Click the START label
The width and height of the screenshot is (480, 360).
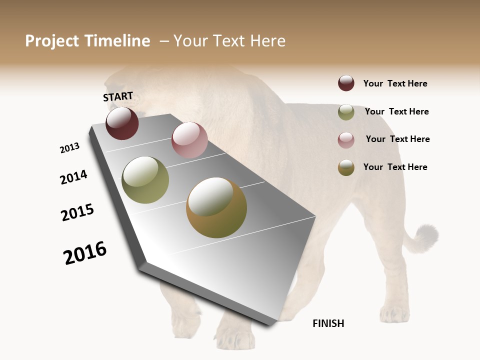[x=118, y=96]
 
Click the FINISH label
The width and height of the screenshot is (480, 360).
[x=328, y=323]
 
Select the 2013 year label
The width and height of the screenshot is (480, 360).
[x=69, y=148]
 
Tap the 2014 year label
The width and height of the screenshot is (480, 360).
[x=73, y=177]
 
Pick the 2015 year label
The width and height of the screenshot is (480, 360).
[x=77, y=212]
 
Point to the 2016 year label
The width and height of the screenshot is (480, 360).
[x=85, y=253]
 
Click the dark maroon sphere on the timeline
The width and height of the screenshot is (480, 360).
[x=122, y=123]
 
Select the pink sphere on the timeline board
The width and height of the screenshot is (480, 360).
[x=189, y=140]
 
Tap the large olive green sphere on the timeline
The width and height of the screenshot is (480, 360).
[x=145, y=180]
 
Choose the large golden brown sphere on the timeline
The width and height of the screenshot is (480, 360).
[x=216, y=207]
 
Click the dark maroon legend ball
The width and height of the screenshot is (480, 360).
[x=346, y=83]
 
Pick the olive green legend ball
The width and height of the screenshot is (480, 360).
[x=346, y=112]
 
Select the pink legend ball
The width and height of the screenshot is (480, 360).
[x=346, y=140]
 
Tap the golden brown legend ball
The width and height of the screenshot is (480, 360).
[x=346, y=167]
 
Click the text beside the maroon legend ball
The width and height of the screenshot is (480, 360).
[x=395, y=83]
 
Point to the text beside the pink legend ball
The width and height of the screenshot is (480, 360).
[x=397, y=139]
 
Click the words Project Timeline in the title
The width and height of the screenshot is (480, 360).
[x=87, y=41]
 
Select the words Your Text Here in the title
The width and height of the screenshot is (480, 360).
[x=229, y=41]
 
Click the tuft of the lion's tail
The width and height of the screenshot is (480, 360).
[x=426, y=237]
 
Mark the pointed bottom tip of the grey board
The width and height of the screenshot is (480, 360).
[x=270, y=324]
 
